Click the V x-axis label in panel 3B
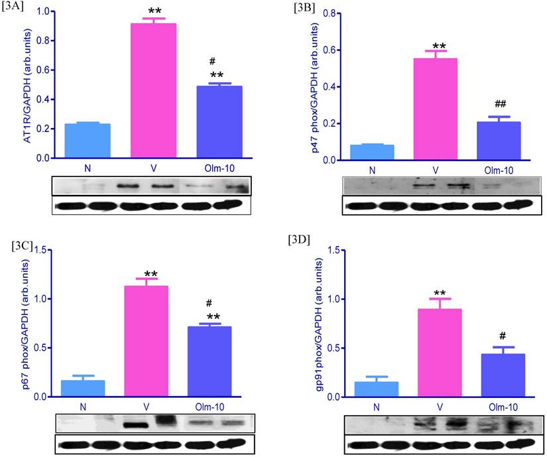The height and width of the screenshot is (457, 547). click(x=435, y=170)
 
